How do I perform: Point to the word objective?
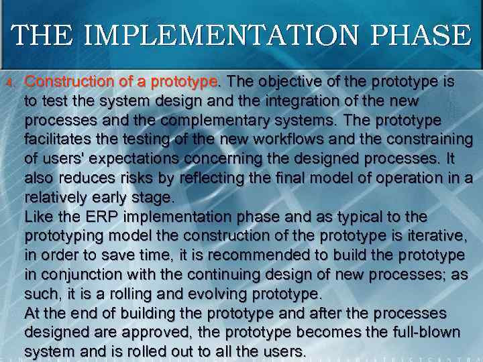pos(284,82)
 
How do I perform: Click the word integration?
pos(274,101)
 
